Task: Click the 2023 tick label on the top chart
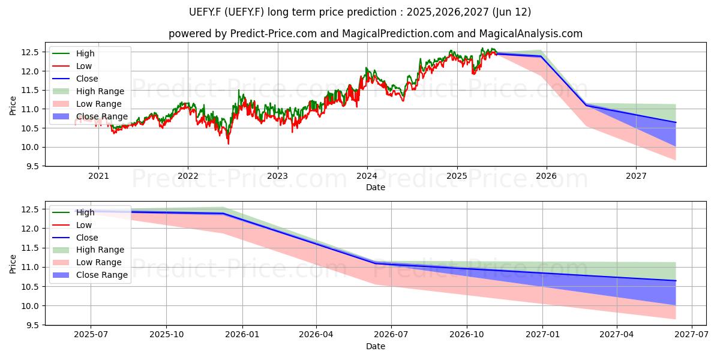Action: (277, 176)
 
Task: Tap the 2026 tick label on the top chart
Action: (547, 176)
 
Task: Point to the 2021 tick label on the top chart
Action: (98, 176)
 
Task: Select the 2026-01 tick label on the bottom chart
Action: (242, 335)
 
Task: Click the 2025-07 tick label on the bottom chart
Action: (91, 335)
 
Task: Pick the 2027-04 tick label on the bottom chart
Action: (617, 335)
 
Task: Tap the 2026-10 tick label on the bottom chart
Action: (467, 335)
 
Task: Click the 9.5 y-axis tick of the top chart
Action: (30, 167)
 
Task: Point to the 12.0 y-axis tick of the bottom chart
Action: (30, 229)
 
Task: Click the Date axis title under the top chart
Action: (376, 187)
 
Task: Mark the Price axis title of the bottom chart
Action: (13, 264)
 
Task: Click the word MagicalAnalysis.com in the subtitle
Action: (530, 34)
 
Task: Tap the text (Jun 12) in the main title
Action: (512, 12)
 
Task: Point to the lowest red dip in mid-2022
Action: (229, 143)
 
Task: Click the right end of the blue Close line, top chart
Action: (676, 122)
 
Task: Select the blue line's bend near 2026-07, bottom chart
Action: (376, 263)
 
